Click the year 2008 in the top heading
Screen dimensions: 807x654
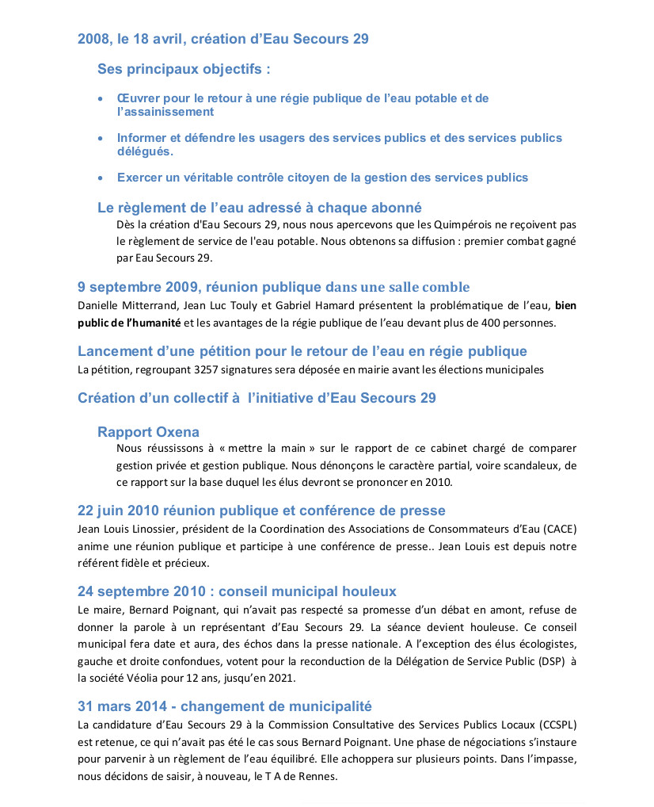click(93, 39)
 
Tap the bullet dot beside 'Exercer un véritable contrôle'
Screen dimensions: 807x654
click(100, 178)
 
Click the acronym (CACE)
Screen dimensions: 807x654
click(561, 529)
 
